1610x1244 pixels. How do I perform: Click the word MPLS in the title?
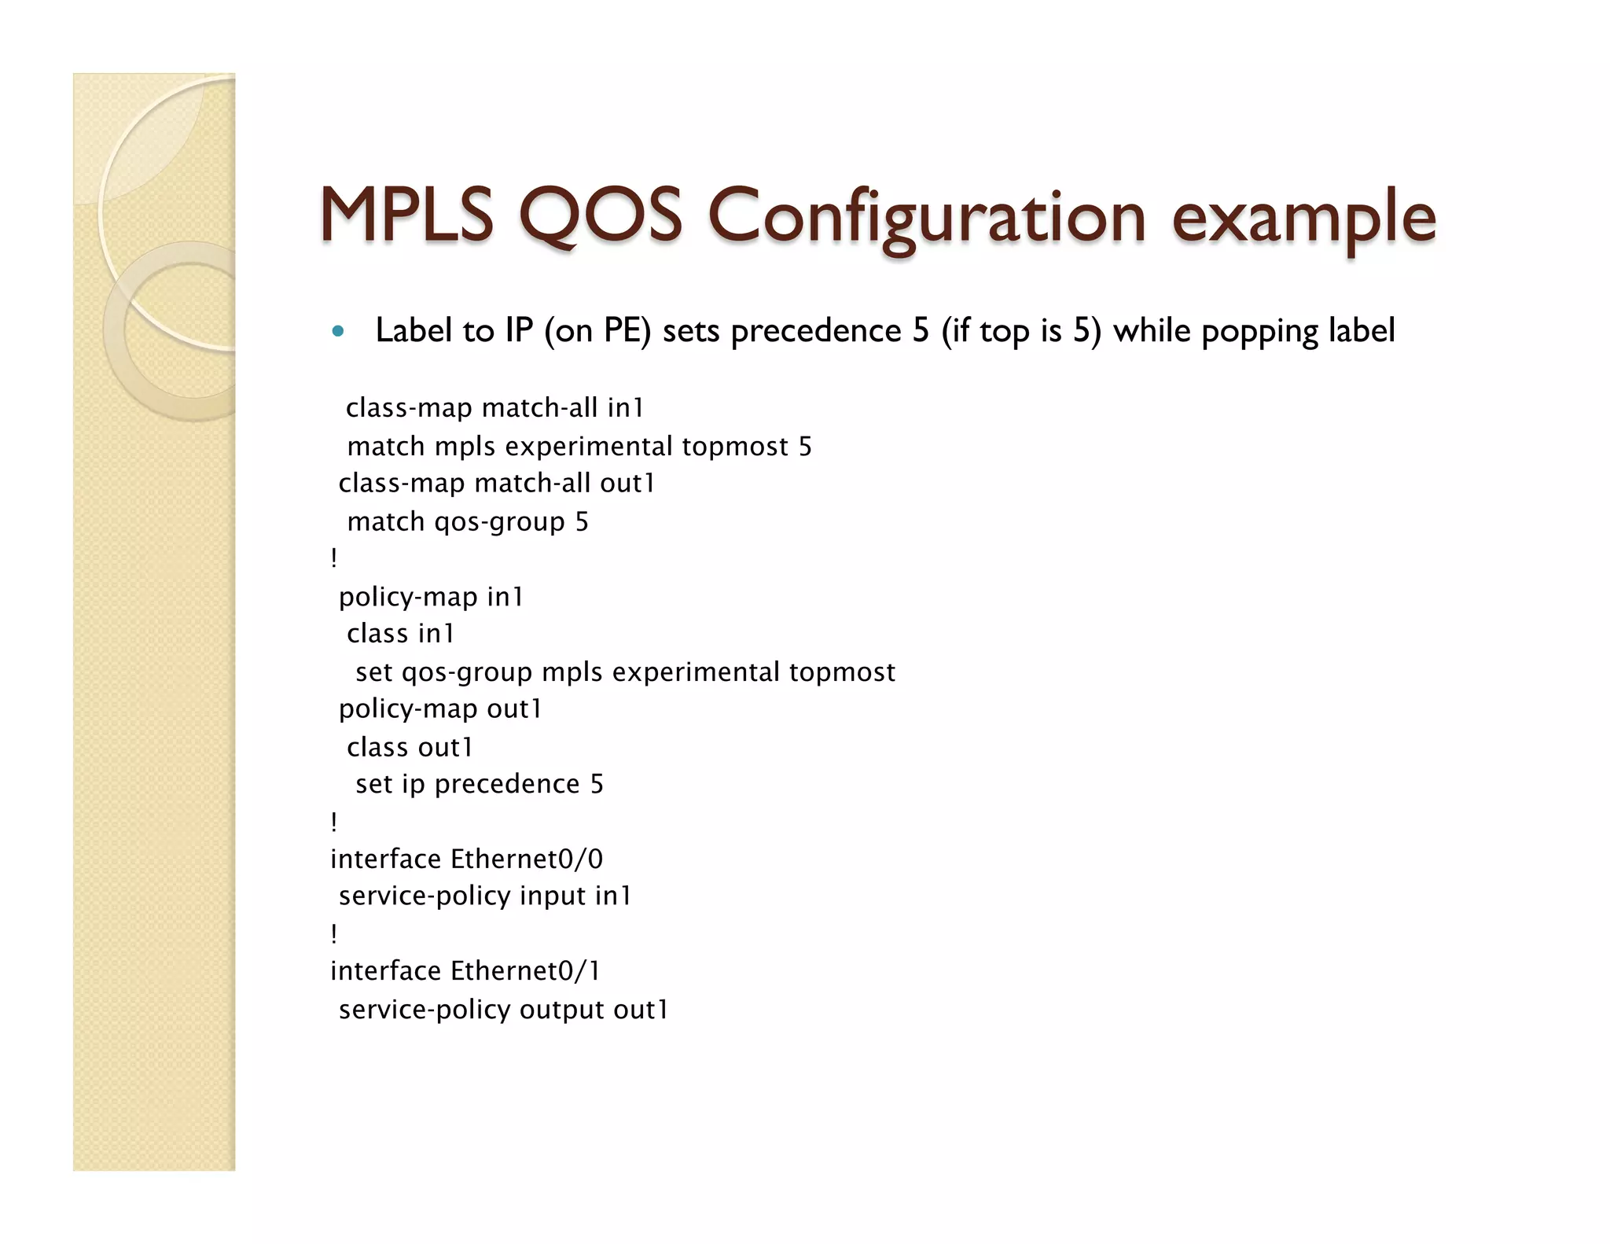click(406, 215)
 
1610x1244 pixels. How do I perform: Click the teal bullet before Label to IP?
click(338, 331)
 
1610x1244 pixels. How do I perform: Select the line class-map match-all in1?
click(494, 407)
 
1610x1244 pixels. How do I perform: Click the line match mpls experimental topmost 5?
click(579, 447)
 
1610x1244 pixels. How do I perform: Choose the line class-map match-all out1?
click(496, 483)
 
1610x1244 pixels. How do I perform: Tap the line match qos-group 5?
click(467, 521)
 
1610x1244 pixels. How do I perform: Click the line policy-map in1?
click(431, 597)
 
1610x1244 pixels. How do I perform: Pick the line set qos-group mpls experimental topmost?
click(625, 672)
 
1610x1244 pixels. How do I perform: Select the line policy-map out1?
click(440, 709)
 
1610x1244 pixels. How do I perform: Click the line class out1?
click(410, 747)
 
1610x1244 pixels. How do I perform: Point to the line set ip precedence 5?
click(479, 784)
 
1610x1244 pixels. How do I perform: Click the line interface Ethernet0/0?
click(466, 859)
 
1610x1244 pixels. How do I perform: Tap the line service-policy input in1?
click(485, 896)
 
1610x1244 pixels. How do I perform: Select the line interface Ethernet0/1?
click(465, 971)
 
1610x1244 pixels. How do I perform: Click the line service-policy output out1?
click(503, 1010)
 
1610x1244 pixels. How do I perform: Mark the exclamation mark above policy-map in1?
click(334, 558)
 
